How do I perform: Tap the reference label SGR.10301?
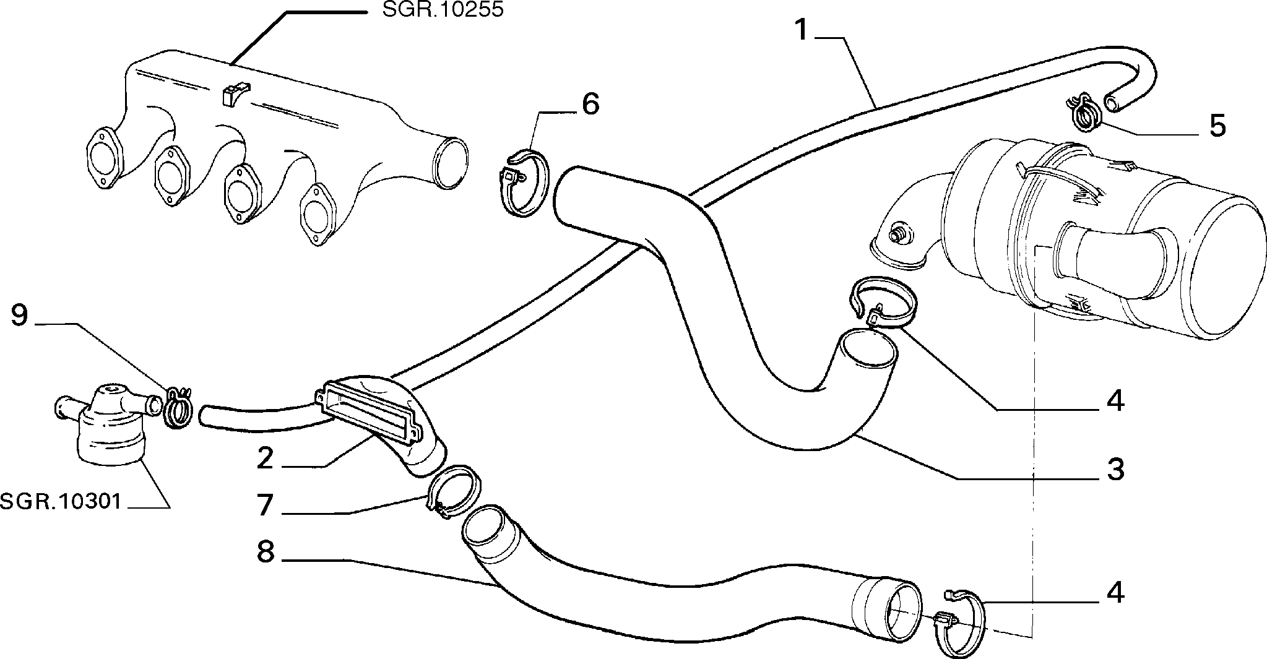tap(60, 501)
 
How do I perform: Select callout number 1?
tap(802, 30)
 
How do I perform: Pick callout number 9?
tap(19, 315)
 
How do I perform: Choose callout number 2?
tap(265, 458)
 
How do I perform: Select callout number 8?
tap(265, 552)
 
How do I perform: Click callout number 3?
tap(1115, 470)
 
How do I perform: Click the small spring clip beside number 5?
tap(1083, 114)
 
